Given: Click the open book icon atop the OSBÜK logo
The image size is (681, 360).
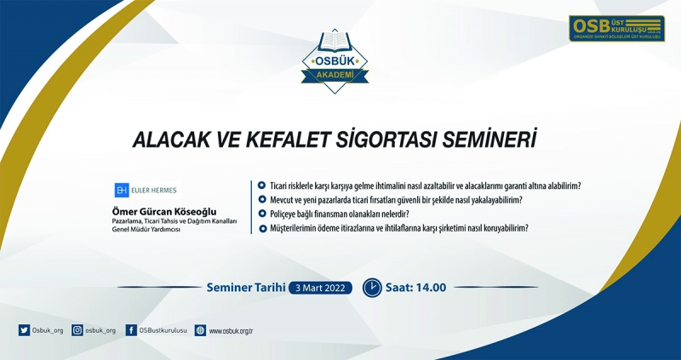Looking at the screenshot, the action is pos(335,43).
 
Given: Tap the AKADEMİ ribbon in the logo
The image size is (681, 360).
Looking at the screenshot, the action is pos(335,77).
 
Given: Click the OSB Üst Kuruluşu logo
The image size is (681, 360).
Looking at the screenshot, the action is pos(616,29).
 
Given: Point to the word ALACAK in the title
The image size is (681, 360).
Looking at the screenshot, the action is pos(158,140).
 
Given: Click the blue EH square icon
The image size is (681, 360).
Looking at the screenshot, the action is pos(122,190).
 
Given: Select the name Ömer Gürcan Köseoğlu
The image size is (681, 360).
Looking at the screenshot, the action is pos(164,212).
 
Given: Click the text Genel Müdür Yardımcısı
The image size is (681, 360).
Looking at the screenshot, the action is pos(146,229).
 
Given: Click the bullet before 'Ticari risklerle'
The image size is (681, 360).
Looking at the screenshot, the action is pos(261,186).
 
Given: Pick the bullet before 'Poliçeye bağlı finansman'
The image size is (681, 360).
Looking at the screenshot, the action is pos(262,214).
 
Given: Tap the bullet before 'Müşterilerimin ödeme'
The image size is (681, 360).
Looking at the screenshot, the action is pos(262,228).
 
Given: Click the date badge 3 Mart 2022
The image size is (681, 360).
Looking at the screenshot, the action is pos(321,288).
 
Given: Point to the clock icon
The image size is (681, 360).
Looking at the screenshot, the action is pos(372,287).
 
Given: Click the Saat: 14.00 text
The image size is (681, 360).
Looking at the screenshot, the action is pos(415,288).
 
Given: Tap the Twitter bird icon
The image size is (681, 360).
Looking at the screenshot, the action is pos(24,330).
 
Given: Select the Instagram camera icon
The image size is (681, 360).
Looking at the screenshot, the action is pos(77,330).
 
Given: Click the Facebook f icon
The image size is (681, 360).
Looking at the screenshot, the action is pos(131,330).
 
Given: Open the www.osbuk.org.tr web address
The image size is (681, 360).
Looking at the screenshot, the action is pos(231,331).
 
